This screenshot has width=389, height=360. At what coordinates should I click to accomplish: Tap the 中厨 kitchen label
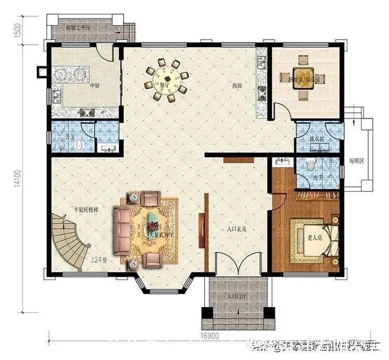(x=79, y=86)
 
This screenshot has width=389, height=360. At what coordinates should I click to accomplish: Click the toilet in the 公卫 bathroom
(x=78, y=145)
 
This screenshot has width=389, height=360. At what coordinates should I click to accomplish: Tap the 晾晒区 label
(x=356, y=161)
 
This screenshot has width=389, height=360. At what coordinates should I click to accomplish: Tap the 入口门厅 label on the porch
(x=236, y=297)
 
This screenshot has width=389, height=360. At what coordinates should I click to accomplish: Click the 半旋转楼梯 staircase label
(x=86, y=210)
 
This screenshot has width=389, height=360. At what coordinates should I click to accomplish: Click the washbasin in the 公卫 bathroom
(x=108, y=148)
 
